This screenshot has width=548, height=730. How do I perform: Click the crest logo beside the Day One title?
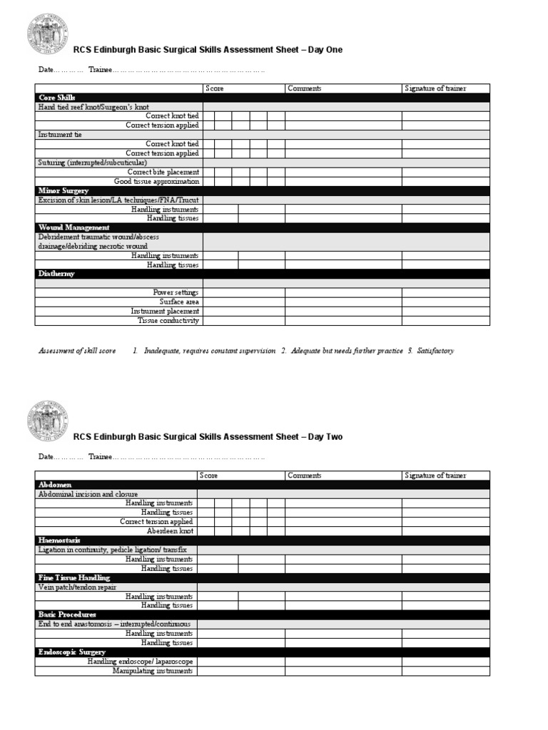(48, 34)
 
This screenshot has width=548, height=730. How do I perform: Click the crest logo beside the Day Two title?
(48, 421)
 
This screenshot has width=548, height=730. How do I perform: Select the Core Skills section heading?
(56, 98)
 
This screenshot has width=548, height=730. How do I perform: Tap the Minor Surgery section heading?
(63, 191)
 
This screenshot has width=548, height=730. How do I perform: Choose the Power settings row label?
(176, 292)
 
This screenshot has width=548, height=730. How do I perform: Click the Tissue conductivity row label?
(168, 320)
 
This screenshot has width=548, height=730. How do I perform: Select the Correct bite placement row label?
(163, 172)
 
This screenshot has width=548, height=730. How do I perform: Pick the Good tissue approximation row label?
(156, 181)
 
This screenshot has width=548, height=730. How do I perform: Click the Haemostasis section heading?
(59, 540)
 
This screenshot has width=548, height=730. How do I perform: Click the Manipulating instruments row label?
(153, 671)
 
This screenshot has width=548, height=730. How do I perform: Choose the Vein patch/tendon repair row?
(76, 587)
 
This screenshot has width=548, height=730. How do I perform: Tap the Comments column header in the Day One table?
(304, 88)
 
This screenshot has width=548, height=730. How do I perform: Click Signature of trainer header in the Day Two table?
(435, 475)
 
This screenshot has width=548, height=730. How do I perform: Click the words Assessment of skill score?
(77, 351)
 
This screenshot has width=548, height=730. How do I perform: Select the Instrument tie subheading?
(60, 134)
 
